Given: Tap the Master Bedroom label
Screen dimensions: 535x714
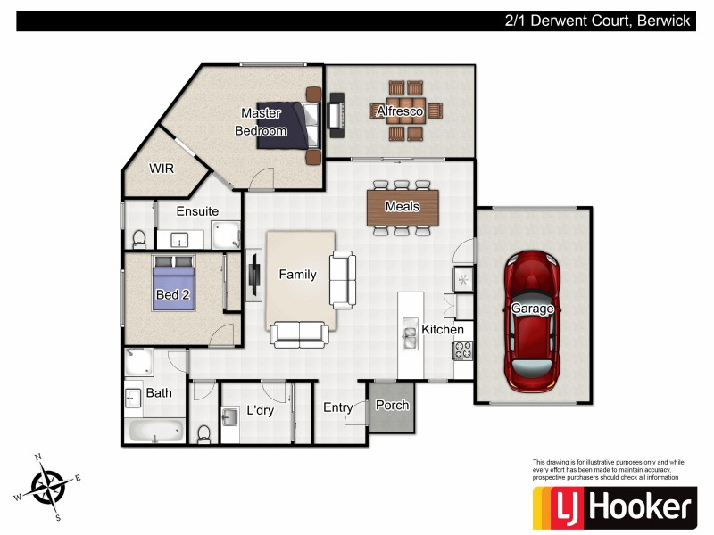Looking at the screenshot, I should coord(261,122).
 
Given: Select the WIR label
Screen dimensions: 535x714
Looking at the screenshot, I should coord(162,168).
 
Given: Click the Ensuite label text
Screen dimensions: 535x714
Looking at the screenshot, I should coord(197,211).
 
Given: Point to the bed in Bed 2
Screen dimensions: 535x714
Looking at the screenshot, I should coord(172,284).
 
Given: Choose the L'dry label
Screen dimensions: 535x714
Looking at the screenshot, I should coord(260,411).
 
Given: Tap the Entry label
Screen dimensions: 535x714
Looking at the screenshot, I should coord(337,407).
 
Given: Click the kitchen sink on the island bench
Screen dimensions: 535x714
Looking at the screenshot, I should coord(411,335).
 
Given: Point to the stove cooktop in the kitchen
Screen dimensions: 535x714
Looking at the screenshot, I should coord(463,350).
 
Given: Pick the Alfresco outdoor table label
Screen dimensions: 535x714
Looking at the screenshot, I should coord(398,111).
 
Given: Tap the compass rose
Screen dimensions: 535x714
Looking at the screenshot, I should coord(47,486).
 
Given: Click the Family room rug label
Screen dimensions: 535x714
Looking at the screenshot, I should coord(297,275).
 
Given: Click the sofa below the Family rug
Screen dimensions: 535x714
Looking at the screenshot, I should coord(299,334).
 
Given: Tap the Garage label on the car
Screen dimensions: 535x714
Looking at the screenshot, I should coord(532,309).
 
